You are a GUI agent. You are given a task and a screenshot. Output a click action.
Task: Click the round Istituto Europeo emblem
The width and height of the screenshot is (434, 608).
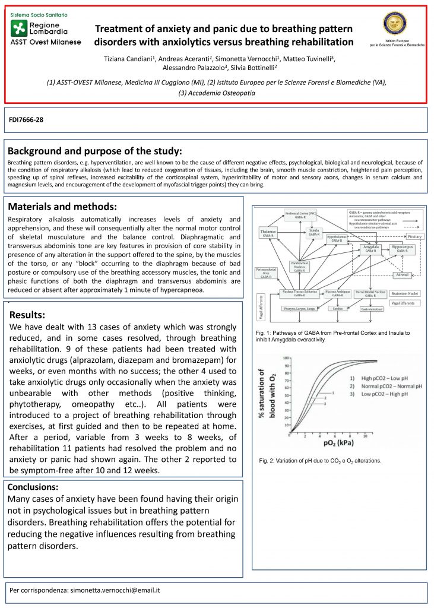396,24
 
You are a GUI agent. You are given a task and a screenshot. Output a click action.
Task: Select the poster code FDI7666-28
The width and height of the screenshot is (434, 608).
26,120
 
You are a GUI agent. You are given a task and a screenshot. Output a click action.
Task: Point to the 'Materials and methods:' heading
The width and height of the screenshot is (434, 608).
62,207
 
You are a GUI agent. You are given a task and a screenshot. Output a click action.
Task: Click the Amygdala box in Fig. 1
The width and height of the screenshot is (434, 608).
372,248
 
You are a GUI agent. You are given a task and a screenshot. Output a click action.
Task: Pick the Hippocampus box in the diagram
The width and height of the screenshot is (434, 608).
403,248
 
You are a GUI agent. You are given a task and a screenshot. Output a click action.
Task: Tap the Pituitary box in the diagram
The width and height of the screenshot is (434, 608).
414,236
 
